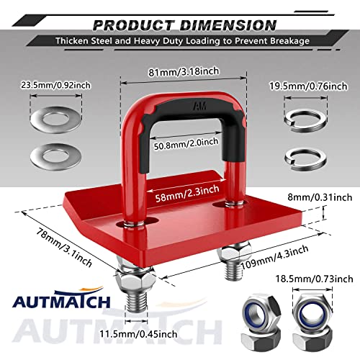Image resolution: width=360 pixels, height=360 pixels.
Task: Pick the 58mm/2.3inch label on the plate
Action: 181,195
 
